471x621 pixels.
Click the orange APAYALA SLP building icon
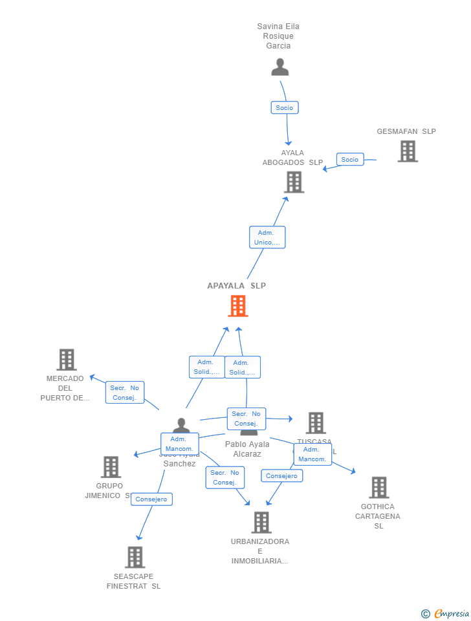pyautogui.click(x=238, y=306)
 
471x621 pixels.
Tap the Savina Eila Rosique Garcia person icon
pyautogui.click(x=280, y=67)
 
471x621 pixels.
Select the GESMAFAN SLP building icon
pyautogui.click(x=408, y=151)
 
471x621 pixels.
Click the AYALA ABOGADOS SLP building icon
pyautogui.click(x=294, y=182)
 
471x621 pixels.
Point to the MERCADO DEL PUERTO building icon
pyautogui.click(x=67, y=360)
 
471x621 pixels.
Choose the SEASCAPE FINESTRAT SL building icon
pyautogui.click(x=135, y=557)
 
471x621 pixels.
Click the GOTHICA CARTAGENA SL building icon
pyautogui.click(x=378, y=488)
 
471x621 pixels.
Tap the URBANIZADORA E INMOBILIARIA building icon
pyautogui.click(x=261, y=522)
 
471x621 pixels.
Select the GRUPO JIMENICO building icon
pyautogui.click(x=111, y=467)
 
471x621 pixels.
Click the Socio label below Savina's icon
pyautogui.click(x=285, y=107)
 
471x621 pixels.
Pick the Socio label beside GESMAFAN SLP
pyautogui.click(x=350, y=159)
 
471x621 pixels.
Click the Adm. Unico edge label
pyautogui.click(x=267, y=237)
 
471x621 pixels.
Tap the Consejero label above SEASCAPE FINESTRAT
pyautogui.click(x=152, y=499)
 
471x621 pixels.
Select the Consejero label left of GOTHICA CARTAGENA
pyautogui.click(x=282, y=475)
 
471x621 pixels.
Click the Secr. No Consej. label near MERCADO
pyautogui.click(x=125, y=393)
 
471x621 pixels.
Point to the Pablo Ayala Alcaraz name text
pyautogui.click(x=247, y=449)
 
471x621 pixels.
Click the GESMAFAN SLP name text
pyautogui.click(x=406, y=131)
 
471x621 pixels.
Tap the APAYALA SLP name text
pyautogui.click(x=236, y=286)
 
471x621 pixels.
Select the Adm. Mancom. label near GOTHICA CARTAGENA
pyautogui.click(x=312, y=454)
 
